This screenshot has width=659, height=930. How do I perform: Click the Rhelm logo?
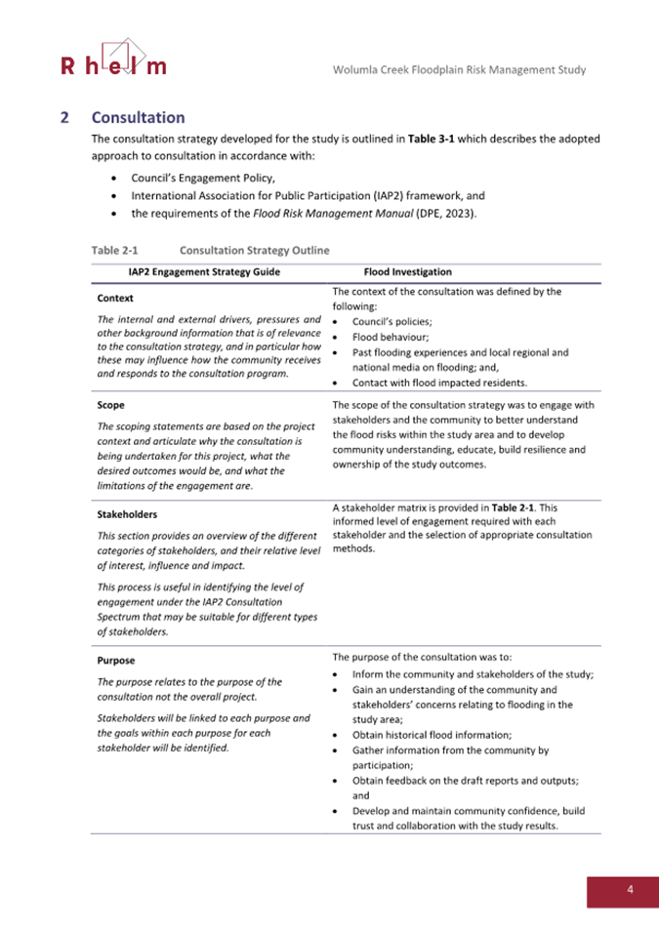[x=113, y=60]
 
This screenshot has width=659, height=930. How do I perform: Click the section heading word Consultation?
[x=138, y=117]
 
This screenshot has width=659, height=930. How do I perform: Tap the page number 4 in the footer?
[x=630, y=889]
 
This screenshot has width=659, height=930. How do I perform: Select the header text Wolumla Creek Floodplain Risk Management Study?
[x=461, y=69]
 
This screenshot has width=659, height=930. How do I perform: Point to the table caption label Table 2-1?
[x=113, y=250]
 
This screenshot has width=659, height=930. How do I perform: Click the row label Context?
[x=116, y=299]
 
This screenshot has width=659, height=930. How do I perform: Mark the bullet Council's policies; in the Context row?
[x=395, y=321]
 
